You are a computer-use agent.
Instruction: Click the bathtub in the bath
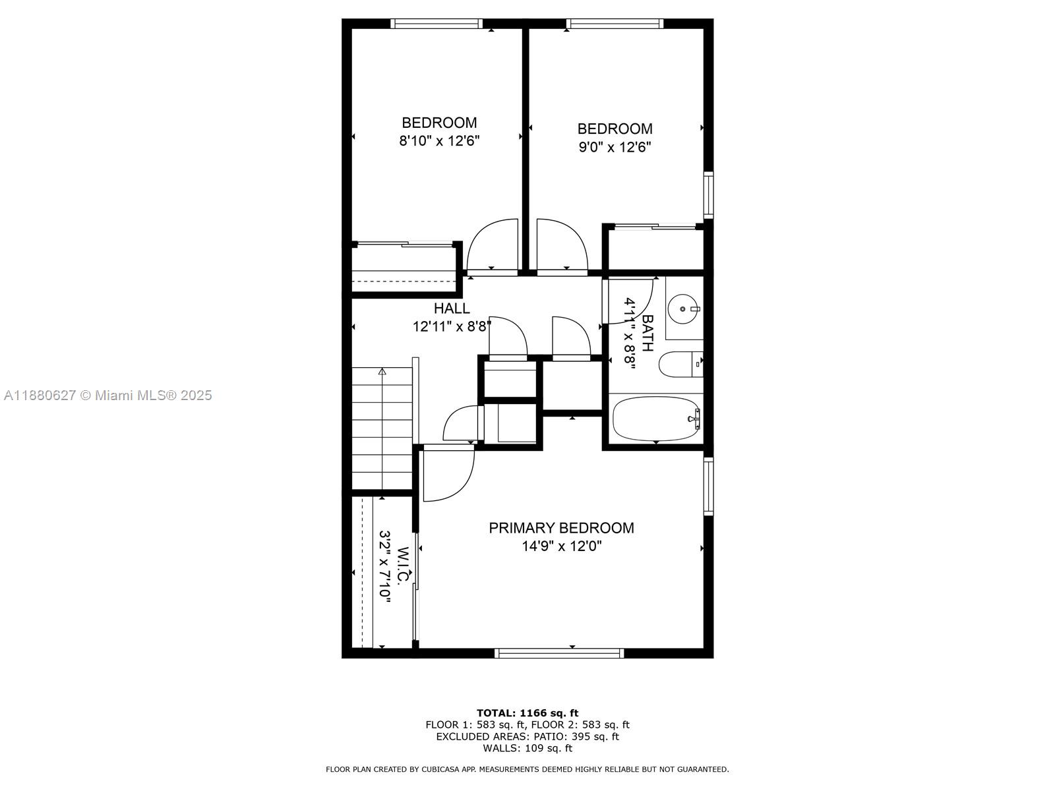pos(655,419)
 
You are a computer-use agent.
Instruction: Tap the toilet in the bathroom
pos(680,365)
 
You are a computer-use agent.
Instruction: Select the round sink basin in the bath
pos(682,308)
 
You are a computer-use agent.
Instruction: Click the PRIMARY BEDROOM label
pos(561,528)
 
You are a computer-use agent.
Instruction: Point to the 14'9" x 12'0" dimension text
pos(562,546)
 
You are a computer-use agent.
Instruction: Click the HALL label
pos(452,308)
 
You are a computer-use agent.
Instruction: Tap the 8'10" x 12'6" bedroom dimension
pos(439,141)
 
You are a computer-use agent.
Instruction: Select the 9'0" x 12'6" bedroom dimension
pos(615,147)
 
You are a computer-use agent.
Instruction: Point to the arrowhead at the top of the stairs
pos(382,371)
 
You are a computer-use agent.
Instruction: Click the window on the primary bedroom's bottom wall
pos(559,653)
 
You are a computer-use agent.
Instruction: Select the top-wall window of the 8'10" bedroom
pos(437,24)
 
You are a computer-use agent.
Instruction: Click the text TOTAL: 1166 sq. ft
pos(527,713)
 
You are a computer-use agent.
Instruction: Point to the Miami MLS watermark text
pos(107,395)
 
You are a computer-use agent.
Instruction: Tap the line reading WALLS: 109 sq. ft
pos(527,747)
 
